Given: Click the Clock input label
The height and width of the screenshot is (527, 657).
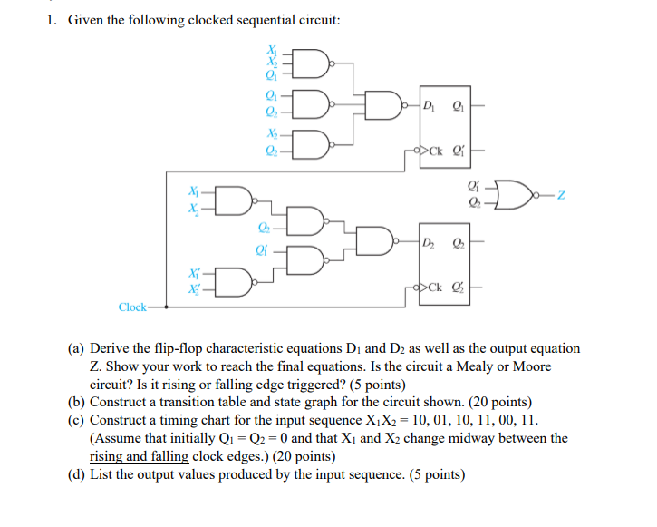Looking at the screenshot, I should point(132,307).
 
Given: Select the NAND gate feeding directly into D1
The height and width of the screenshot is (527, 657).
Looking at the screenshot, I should point(386,102).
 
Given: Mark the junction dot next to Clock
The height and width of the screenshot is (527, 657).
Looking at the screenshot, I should point(150,307).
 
